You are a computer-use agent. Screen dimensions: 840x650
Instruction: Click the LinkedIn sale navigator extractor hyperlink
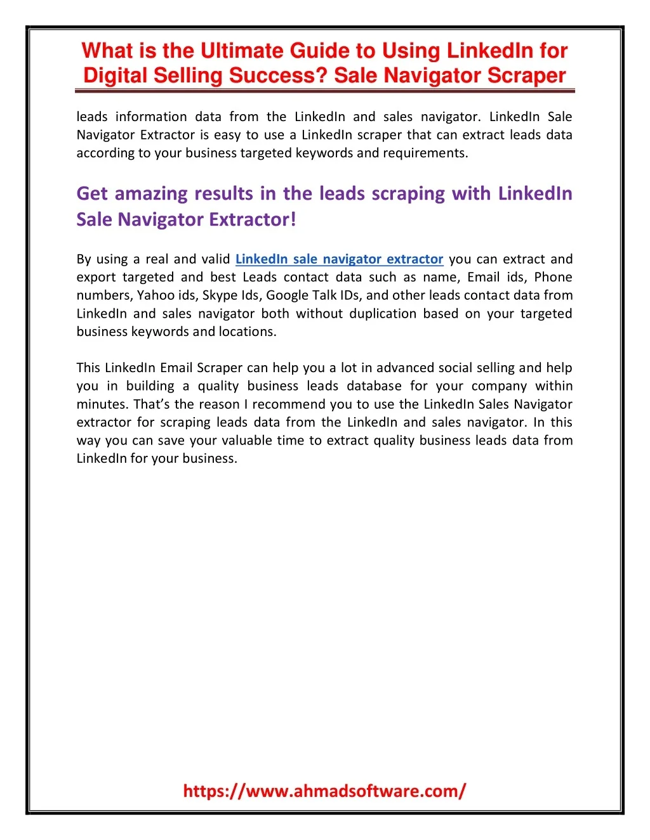[339, 259]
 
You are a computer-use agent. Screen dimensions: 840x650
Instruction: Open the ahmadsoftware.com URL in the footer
[324, 791]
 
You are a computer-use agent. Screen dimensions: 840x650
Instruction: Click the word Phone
[553, 277]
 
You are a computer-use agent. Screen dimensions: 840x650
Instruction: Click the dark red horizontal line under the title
[325, 91]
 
